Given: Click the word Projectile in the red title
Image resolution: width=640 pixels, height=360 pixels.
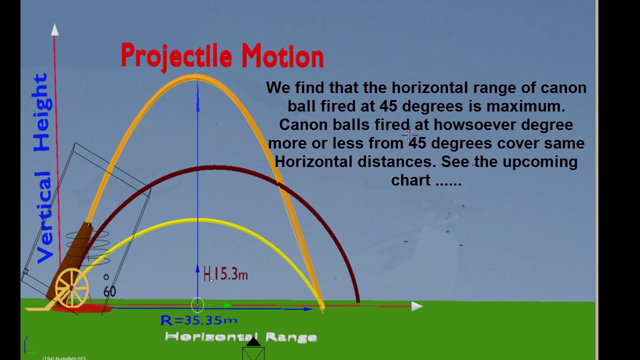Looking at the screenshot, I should click(177, 56).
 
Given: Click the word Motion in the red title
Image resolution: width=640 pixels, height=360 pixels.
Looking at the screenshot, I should click(282, 56).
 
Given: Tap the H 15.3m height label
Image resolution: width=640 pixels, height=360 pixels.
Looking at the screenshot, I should click(225, 274).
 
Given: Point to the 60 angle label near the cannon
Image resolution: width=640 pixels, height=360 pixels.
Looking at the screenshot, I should click(109, 291).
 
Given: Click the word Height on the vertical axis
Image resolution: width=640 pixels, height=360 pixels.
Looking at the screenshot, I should click(42, 112).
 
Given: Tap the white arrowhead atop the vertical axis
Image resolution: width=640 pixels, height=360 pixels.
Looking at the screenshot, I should click(54, 30).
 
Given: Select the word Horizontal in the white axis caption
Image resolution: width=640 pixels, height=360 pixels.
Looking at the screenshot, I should click(211, 337).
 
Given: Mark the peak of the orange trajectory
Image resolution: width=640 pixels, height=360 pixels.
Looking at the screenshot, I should click(196, 77).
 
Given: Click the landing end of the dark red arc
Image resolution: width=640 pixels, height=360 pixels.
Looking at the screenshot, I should click(357, 300).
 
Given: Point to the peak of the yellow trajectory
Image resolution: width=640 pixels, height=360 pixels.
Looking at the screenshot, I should click(197, 220).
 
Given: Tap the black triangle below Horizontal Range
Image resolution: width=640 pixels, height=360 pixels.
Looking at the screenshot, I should click(253, 341).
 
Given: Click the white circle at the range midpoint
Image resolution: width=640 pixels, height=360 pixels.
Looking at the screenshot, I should click(197, 304).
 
